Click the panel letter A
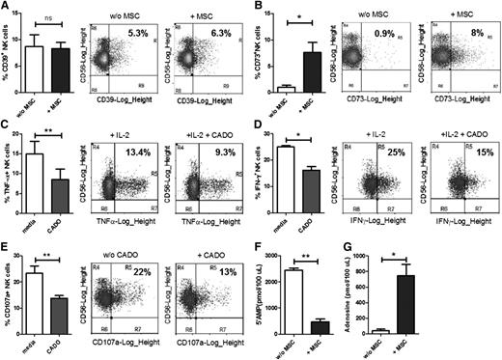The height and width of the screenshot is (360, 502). point(7,7)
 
